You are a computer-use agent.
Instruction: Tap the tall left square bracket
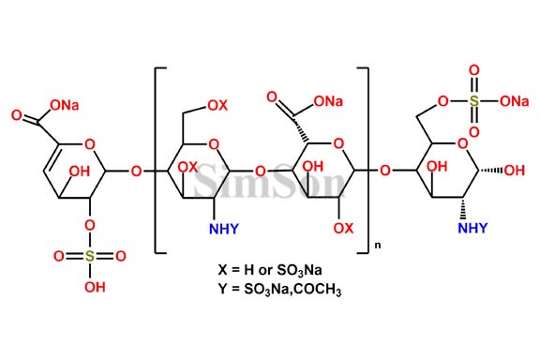coord(157,159)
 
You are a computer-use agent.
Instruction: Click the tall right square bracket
coord(366,159)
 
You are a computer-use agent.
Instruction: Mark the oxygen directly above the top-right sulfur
coord(474,69)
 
